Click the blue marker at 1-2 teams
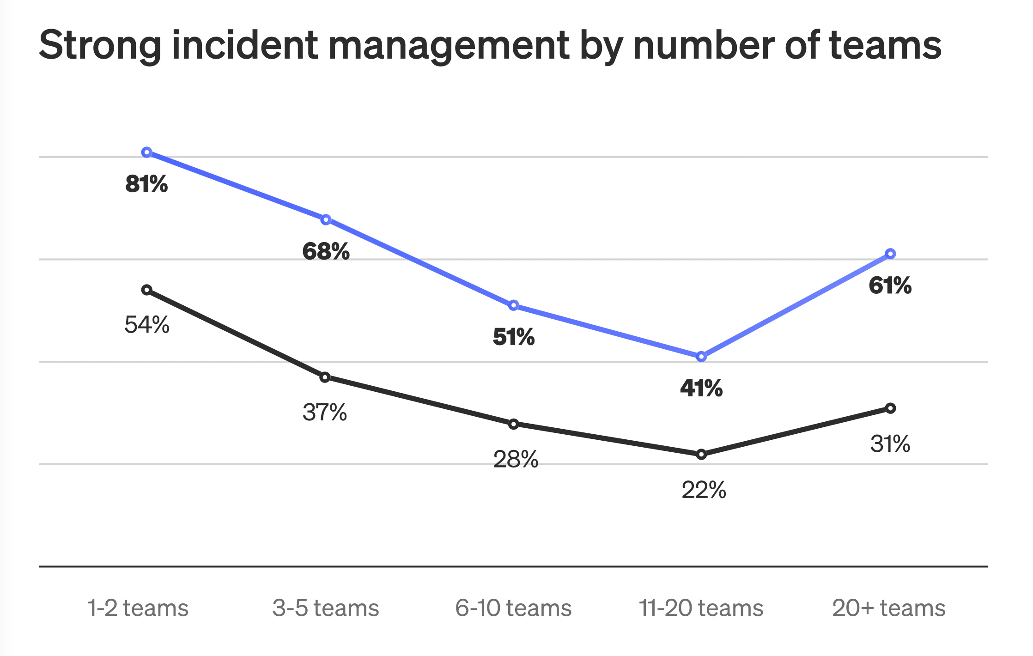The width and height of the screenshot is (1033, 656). (147, 152)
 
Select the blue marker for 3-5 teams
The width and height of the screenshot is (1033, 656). (326, 219)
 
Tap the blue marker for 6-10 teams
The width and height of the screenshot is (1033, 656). (514, 305)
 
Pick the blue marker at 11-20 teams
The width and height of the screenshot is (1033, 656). (701, 357)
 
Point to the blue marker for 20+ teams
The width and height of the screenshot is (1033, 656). (890, 254)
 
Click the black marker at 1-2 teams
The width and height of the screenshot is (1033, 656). (147, 290)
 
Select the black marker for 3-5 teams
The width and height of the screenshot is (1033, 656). (325, 377)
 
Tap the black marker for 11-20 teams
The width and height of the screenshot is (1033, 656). (701, 454)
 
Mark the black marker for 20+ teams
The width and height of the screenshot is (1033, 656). (890, 408)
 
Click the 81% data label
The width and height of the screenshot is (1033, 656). (146, 184)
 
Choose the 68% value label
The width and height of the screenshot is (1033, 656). (326, 251)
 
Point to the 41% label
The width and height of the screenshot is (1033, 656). (701, 388)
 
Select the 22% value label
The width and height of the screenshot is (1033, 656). (704, 490)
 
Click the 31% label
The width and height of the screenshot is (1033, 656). (890, 443)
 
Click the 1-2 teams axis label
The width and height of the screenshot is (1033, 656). (138, 608)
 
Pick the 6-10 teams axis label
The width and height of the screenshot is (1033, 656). (513, 608)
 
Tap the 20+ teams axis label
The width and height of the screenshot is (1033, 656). (888, 608)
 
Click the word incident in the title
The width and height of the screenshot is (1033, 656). (245, 45)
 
